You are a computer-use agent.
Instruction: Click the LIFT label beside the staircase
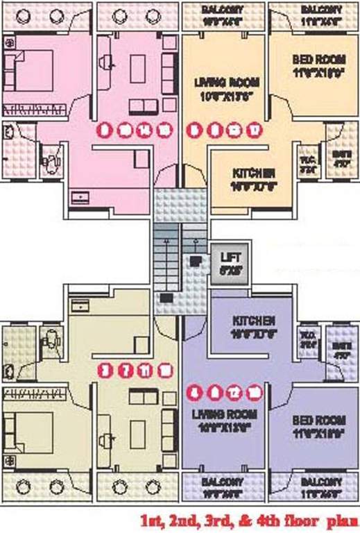(226, 256)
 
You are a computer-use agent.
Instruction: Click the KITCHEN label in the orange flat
(254, 172)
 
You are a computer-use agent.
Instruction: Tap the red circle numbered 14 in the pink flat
(144, 128)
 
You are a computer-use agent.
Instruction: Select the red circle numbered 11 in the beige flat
(144, 369)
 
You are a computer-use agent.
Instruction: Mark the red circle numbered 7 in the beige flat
(125, 369)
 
